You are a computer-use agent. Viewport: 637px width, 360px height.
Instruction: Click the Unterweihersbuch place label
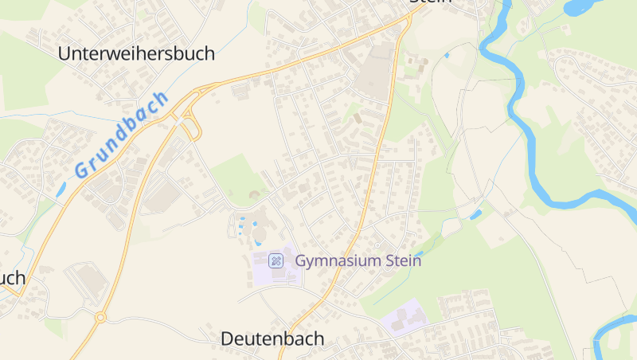(137, 53)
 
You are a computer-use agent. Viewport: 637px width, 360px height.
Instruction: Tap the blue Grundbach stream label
(123, 134)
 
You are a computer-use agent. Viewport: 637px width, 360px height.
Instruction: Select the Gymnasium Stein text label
(358, 260)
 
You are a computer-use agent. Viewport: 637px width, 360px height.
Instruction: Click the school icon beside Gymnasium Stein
(276, 260)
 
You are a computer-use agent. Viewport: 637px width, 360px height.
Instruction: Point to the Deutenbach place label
(272, 338)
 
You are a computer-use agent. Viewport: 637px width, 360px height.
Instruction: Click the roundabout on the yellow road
(100, 316)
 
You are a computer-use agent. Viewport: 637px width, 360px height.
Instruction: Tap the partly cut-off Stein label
(430, 2)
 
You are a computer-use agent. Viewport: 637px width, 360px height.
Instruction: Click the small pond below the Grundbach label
(62, 189)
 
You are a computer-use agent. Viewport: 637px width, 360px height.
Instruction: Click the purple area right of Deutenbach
(404, 318)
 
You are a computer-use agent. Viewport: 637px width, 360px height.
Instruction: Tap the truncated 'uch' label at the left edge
(12, 278)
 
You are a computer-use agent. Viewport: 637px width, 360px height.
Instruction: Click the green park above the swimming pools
(236, 178)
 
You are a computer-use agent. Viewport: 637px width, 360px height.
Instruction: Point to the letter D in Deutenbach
(227, 338)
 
